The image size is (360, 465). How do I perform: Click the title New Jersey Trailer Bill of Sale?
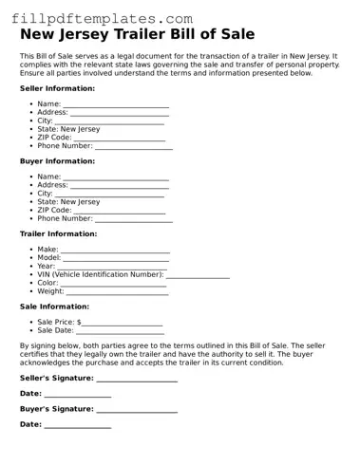pos(138,35)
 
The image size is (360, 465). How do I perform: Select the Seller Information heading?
pos(57,88)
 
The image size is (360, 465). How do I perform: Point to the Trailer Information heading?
pos(59,233)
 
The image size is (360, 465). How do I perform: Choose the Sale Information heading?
pos(55,307)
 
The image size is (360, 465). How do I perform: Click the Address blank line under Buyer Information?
pos(121,186)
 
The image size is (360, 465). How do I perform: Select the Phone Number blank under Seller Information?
pos(134,147)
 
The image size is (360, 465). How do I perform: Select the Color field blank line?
pos(114,284)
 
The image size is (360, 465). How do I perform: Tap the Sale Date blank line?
pos(120,332)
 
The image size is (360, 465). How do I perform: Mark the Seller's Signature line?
pos(137,379)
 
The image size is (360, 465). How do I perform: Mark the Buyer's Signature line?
pos(137,410)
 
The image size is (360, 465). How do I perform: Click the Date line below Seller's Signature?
pos(78,394)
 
